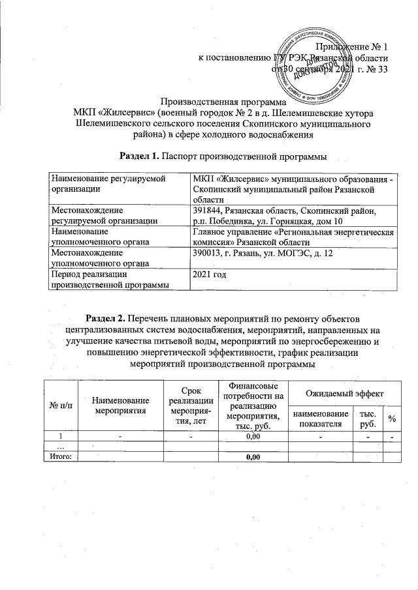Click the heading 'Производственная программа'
tap(223, 102)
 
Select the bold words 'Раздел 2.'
tap(106, 318)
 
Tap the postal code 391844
tap(208, 211)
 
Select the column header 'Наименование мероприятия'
tap(121, 406)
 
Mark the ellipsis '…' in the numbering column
tap(60, 447)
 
